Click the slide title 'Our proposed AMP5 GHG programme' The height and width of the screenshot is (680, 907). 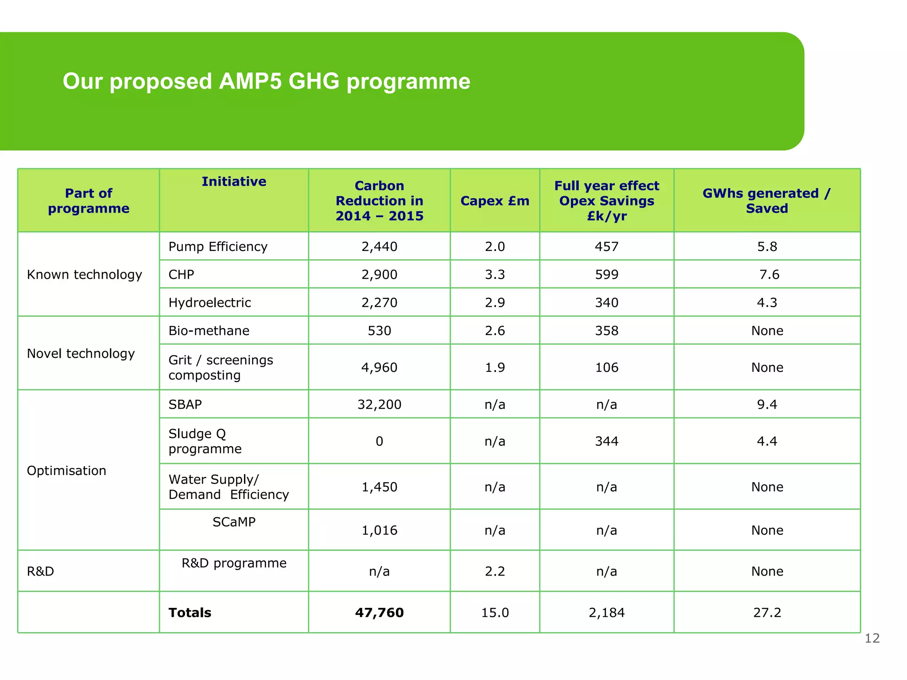pos(266,81)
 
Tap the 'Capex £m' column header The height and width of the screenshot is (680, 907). pos(495,201)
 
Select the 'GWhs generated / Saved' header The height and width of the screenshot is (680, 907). pos(767,201)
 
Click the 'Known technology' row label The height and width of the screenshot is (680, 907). pos(84,274)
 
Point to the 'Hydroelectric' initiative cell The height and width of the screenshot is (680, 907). pos(209,303)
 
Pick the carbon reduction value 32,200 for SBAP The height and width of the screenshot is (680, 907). pos(379,405)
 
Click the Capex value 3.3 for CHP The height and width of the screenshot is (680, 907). pos(495,274)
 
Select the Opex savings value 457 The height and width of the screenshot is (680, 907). pos(606,247)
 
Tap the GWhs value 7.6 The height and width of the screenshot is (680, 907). pos(769,274)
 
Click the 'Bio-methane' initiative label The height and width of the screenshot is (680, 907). pos(209,331)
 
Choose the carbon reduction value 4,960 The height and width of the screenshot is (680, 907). pos(379,367)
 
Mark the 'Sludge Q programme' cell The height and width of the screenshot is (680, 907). pos(205,441)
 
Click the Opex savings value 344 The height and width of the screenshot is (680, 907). pos(606,441)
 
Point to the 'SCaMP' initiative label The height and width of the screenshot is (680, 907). pos(234,522)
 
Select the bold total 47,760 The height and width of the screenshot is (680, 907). pos(379,613)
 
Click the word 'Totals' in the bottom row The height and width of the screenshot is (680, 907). pos(190,613)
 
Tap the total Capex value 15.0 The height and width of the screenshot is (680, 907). pos(495,613)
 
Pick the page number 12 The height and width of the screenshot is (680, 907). pos(872,638)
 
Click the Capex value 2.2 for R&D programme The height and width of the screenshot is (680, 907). pos(495,572)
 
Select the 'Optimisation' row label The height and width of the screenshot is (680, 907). pos(66,471)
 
